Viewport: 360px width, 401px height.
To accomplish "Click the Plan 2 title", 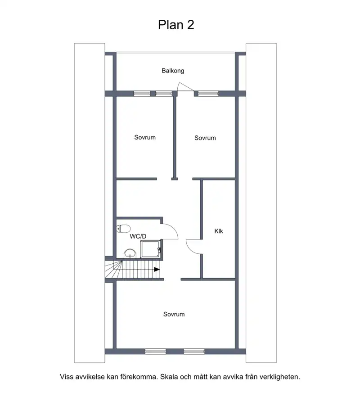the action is [x=176, y=25].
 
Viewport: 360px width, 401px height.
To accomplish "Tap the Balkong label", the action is [x=173, y=71].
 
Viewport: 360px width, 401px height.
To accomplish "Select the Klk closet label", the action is [x=219, y=231].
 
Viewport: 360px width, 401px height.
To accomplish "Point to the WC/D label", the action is [x=138, y=236].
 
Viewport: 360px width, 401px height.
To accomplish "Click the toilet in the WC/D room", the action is [x=123, y=228].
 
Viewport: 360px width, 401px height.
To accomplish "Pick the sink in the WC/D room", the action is [x=130, y=253].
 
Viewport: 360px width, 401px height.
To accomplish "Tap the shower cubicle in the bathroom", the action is [x=151, y=249].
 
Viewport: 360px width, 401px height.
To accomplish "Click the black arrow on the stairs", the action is [x=157, y=269].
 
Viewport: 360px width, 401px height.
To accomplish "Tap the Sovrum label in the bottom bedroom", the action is [x=174, y=314].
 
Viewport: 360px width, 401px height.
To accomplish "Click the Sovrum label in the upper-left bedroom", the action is [x=145, y=137].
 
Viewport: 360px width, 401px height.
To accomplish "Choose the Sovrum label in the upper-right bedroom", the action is [x=205, y=138].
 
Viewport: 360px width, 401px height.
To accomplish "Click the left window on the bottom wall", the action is [x=155, y=351].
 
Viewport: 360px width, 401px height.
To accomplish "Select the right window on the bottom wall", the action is [x=194, y=351].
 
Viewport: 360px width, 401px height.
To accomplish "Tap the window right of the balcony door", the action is [x=208, y=94].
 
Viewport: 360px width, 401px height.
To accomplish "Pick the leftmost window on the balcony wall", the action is [x=142, y=94].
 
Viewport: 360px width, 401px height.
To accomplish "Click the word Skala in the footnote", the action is [x=169, y=377].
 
